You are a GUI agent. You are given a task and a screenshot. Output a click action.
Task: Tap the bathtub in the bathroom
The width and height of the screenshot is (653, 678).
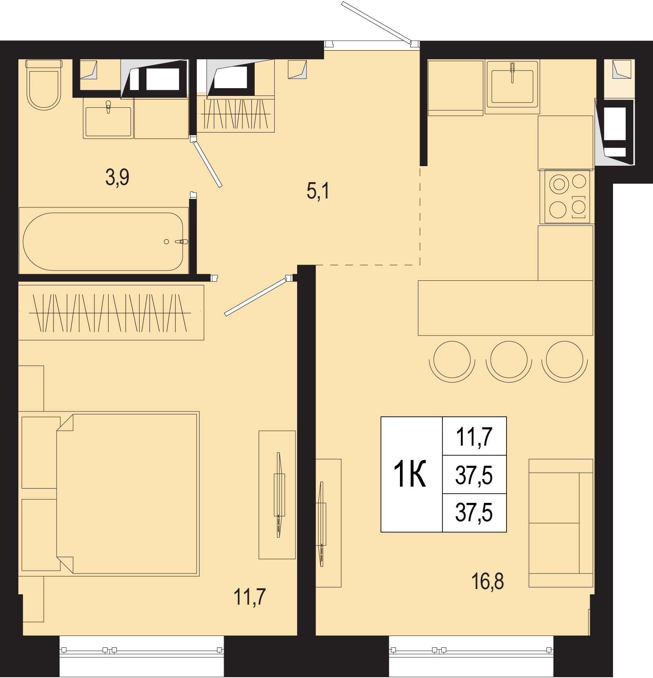103,241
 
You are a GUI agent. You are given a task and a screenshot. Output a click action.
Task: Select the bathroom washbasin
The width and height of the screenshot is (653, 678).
108,118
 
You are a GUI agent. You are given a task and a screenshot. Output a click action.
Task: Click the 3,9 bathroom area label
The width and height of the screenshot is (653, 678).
117,178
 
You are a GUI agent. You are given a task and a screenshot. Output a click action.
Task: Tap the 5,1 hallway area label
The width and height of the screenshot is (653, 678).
318,191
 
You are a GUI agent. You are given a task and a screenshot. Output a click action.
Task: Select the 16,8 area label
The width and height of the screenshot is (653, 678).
487,581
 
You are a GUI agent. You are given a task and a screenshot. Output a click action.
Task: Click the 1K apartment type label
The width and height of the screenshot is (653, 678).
409,474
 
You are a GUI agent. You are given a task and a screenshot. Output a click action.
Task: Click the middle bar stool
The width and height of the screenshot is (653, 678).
509,361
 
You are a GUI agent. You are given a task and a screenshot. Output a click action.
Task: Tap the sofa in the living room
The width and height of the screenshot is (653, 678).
561,523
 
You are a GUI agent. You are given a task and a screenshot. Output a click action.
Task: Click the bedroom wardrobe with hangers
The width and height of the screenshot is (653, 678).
111,313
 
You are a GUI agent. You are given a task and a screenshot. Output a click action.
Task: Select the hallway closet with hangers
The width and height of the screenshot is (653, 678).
235,114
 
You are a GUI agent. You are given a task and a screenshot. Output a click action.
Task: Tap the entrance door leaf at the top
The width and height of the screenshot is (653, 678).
376,22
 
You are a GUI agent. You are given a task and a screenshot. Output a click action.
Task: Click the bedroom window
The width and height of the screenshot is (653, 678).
142,650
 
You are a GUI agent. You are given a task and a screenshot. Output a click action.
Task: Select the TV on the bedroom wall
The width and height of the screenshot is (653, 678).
279,495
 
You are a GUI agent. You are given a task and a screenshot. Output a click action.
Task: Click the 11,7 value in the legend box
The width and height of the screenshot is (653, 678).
474,437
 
